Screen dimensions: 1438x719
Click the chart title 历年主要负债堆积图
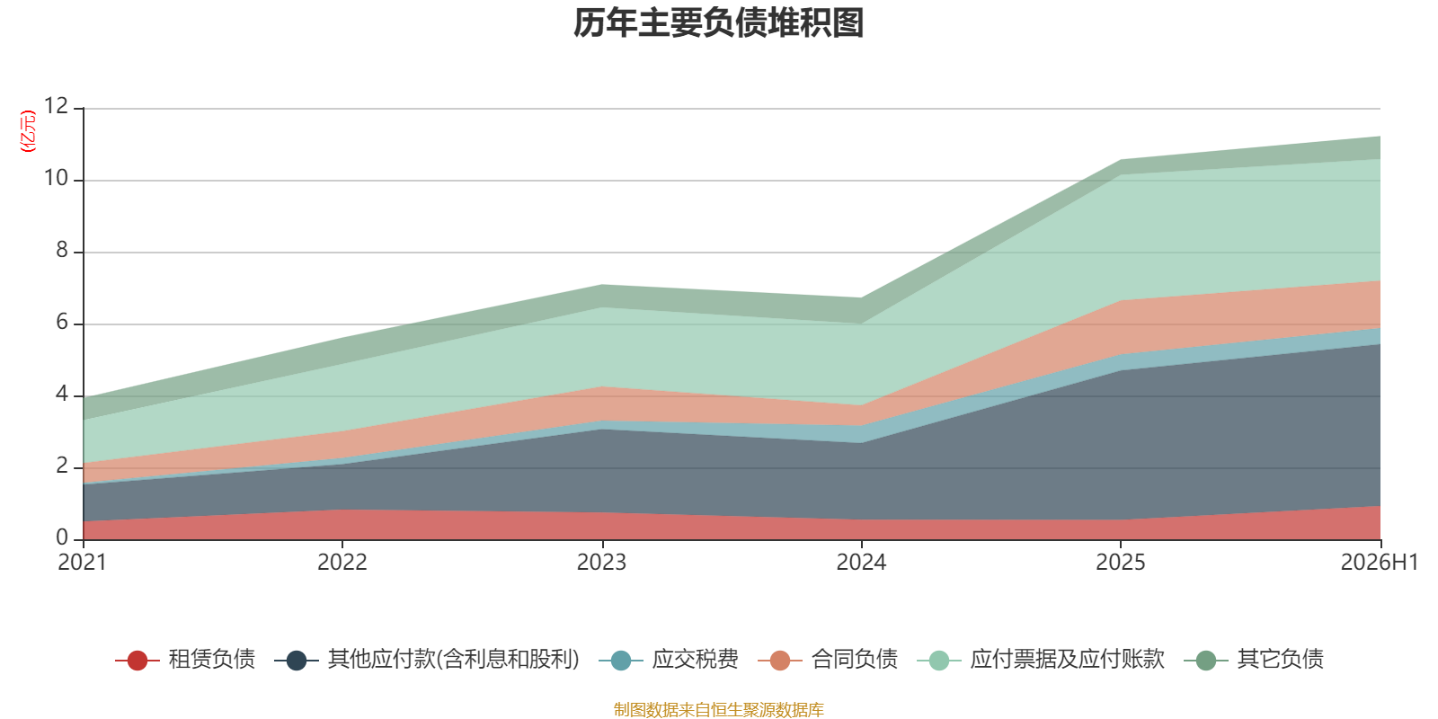718,23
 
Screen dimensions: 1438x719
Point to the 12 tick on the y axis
57,106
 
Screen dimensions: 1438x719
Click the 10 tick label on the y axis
57,178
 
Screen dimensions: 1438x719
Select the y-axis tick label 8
62,250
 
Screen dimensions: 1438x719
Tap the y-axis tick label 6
62,322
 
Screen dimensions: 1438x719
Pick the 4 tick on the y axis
62,394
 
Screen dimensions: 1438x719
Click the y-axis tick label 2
62,466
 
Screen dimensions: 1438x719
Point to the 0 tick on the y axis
62,537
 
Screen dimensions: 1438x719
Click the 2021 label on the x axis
83,563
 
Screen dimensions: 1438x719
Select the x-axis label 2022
342,563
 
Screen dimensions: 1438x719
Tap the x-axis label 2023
601,563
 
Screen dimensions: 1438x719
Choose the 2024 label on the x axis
861,563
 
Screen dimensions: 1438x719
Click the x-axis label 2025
1120,563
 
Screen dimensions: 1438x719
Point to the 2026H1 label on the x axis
1380,563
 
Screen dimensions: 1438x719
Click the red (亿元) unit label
28,131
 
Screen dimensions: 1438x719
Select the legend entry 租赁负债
185,660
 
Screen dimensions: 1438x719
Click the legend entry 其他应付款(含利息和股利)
427,660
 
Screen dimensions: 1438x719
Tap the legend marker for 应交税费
621,660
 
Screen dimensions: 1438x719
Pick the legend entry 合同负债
828,660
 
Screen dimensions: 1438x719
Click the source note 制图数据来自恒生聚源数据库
718,709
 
